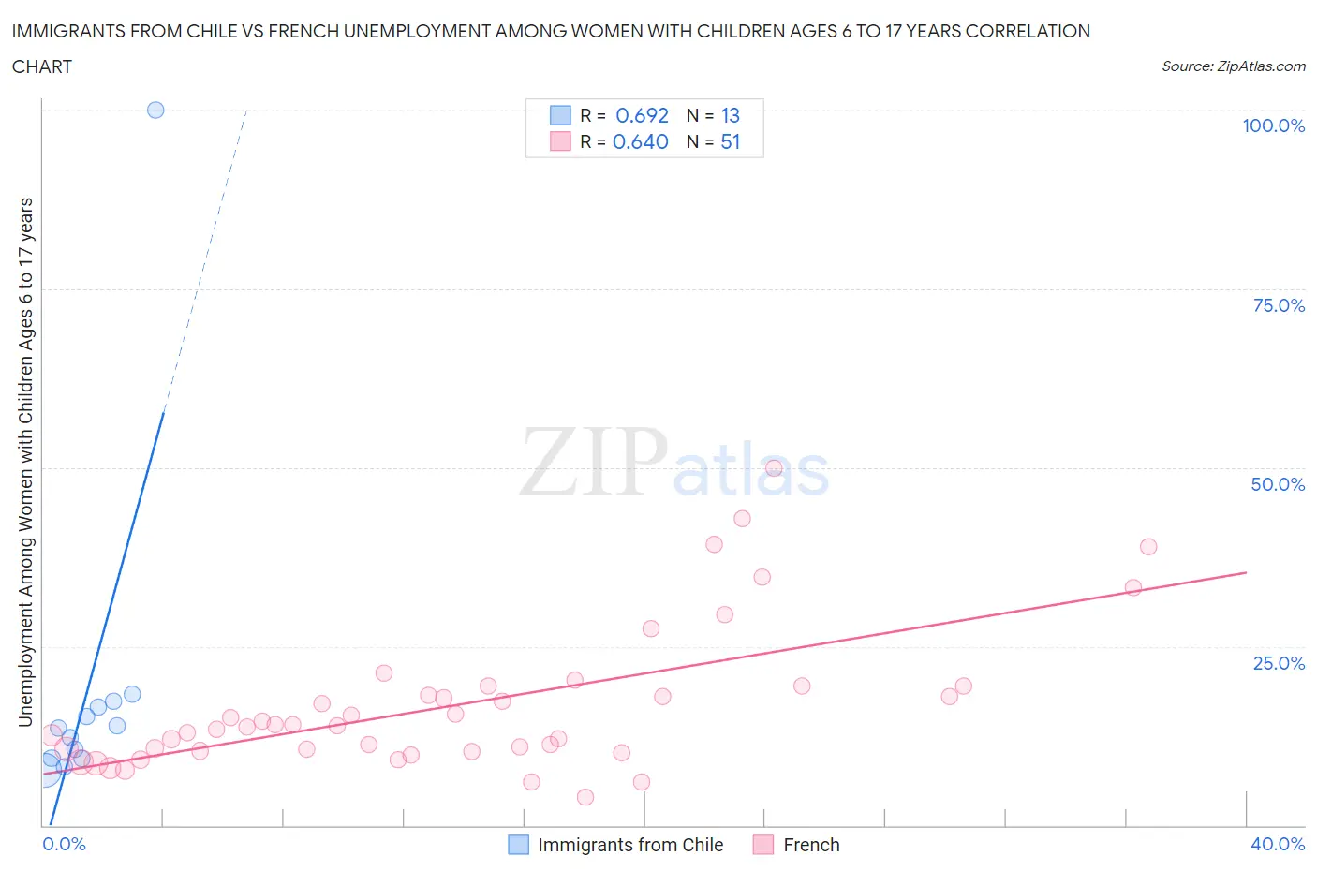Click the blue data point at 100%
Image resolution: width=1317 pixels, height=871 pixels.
click(155, 110)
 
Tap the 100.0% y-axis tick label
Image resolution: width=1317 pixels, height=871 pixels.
click(1273, 125)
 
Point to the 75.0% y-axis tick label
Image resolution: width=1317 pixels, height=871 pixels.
click(1279, 305)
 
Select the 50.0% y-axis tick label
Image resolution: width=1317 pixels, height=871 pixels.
click(1278, 484)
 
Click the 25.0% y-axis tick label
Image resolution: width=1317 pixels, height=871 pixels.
click(1279, 663)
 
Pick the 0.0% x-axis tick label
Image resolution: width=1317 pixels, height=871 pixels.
click(64, 844)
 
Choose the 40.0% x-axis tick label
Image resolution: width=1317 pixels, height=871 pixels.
click(1278, 844)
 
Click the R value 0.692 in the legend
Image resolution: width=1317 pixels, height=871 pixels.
click(642, 115)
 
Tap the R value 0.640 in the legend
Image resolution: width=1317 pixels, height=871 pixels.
click(640, 141)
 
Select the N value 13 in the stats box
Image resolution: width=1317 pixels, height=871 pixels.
click(730, 115)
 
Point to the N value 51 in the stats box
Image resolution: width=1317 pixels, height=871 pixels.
click(730, 141)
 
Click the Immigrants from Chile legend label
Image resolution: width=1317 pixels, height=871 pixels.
click(630, 845)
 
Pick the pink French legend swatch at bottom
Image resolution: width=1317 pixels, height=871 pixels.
click(763, 845)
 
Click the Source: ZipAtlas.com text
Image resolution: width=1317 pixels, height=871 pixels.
click(1233, 66)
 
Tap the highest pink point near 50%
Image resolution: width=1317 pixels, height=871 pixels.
click(774, 468)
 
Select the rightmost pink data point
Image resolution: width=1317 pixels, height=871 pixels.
click(1148, 546)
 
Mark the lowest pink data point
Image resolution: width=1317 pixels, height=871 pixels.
click(585, 797)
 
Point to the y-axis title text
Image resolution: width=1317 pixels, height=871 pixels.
click(25, 462)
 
